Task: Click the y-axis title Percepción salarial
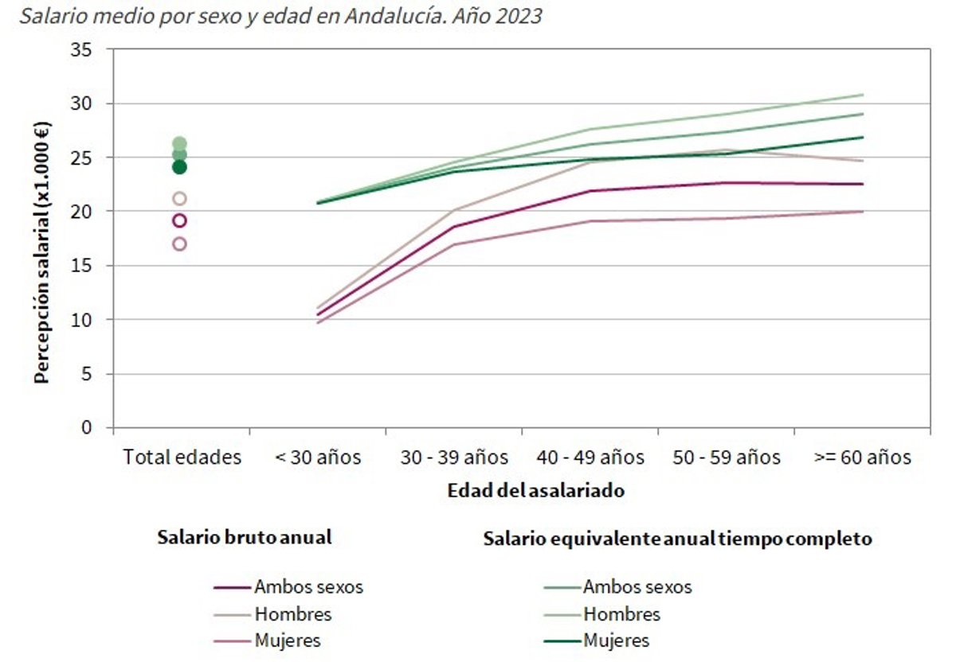pos(41,251)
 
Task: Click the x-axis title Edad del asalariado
pos(535,491)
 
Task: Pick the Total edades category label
pos(182,458)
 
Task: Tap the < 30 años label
pos(318,458)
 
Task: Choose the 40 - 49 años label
pos(590,458)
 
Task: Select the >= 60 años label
pos(862,458)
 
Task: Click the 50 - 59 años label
pos(726,458)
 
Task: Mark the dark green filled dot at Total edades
pos(179,167)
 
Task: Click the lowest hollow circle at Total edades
pos(179,244)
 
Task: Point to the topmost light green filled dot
pos(179,144)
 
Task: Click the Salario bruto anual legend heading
pos(244,537)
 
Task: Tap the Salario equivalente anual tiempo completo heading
pos(677,539)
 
